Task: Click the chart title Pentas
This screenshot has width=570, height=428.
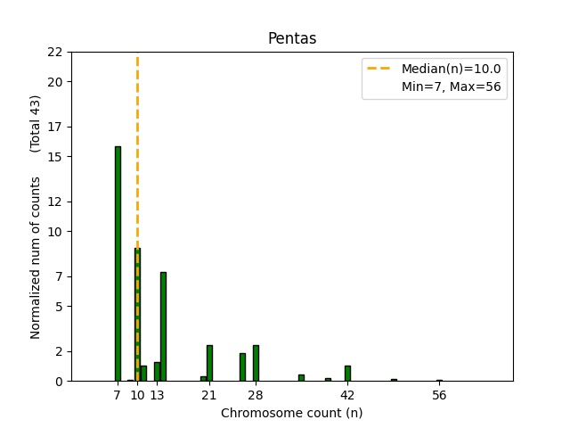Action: click(291, 39)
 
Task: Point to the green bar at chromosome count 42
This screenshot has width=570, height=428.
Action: click(347, 374)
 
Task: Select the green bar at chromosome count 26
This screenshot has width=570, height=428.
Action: click(242, 367)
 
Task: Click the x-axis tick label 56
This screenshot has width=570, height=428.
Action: click(439, 395)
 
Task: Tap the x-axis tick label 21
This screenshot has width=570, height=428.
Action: click(209, 395)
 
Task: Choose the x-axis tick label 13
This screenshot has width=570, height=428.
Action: click(157, 395)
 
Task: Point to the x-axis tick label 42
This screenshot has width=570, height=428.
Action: click(347, 395)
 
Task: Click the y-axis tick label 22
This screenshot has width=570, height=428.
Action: click(55, 52)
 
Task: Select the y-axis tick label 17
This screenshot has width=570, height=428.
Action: click(55, 127)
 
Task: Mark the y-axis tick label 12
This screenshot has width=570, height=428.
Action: click(55, 202)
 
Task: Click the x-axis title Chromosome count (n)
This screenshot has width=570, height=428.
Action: click(291, 413)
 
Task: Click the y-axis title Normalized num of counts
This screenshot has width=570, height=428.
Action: click(36, 257)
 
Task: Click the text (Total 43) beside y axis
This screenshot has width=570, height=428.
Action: click(36, 123)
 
